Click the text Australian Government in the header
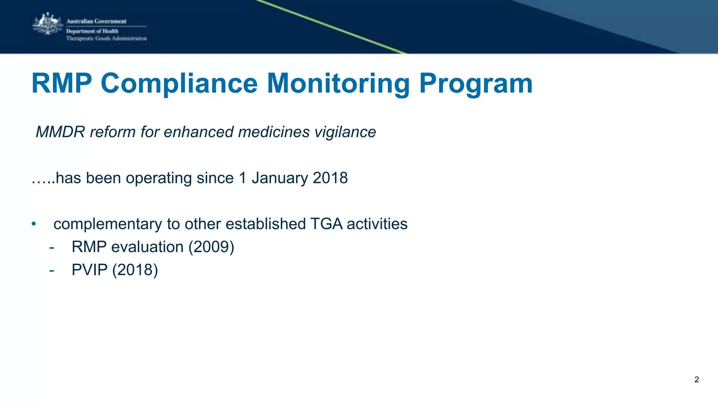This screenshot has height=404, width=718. [96, 21]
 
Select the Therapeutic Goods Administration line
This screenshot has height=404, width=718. [106, 39]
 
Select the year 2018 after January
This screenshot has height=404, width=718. [330, 178]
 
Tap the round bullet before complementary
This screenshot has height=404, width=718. [34, 224]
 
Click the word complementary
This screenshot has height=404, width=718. [108, 224]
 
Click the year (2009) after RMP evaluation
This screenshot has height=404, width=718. [211, 247]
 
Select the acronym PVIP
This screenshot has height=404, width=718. [89, 270]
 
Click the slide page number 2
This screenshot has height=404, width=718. [696, 379]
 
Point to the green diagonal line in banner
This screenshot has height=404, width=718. [330, 27]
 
